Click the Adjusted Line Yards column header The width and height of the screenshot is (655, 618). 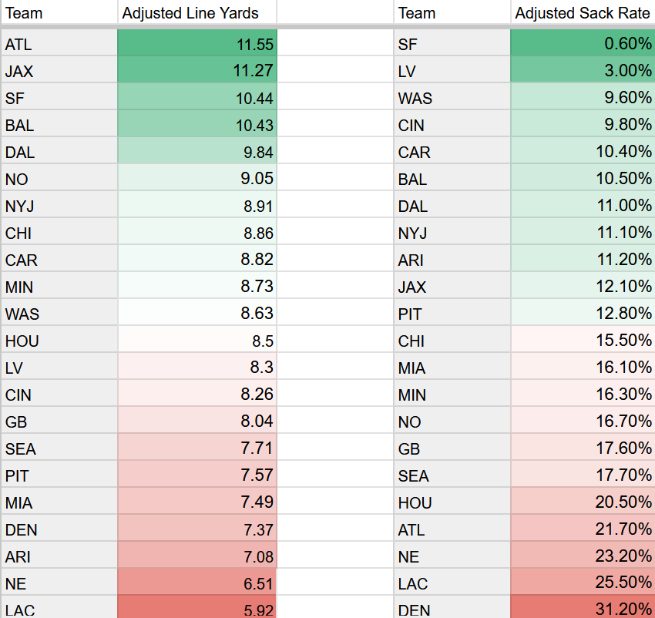190,13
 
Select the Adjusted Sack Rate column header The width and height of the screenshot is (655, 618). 583,13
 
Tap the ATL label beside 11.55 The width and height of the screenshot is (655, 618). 18,45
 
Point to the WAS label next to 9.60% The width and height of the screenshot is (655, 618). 415,99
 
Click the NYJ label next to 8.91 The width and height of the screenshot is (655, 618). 19,207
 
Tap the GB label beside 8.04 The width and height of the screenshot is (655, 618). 16,422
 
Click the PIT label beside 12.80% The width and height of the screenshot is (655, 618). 410,314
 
